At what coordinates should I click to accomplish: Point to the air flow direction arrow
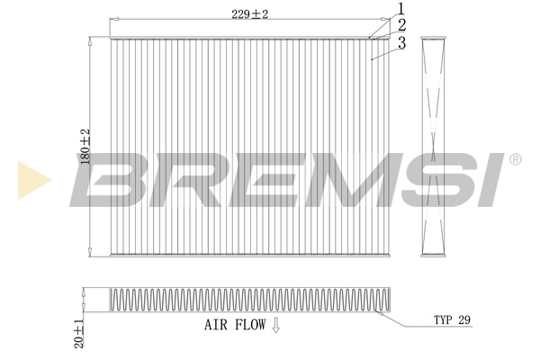click(x=275, y=326)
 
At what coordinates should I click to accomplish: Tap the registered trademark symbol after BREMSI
click(x=515, y=158)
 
